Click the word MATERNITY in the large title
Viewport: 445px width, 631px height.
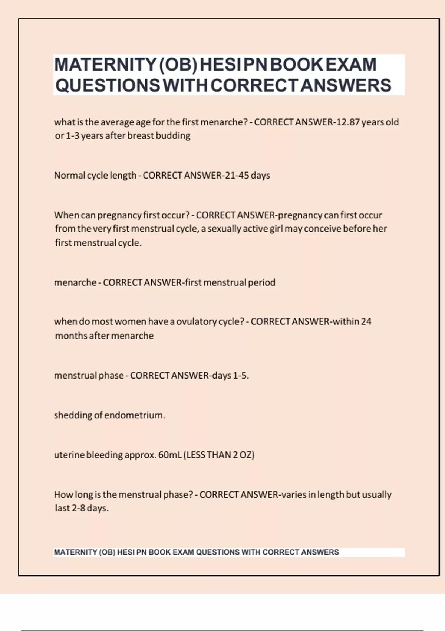(x=105, y=65)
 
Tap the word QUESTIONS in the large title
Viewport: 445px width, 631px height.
(x=108, y=85)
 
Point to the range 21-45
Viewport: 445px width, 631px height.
(x=237, y=175)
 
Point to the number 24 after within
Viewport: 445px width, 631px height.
(x=366, y=321)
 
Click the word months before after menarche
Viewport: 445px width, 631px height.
(x=71, y=336)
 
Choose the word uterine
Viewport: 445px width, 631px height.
(x=69, y=455)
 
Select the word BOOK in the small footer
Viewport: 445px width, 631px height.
(x=160, y=552)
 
